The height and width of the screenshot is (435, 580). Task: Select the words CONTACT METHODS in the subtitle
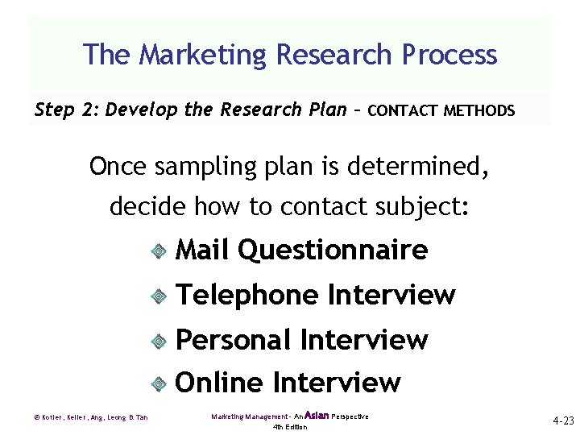tap(440, 110)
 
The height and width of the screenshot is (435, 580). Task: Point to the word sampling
tap(193, 167)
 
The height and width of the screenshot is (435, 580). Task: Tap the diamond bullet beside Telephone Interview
tap(159, 297)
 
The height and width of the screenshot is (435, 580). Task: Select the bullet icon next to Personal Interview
tap(159, 342)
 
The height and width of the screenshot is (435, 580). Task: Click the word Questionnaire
tap(333, 251)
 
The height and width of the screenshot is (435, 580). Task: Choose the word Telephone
tap(247, 296)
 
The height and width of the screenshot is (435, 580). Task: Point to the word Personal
tap(232, 340)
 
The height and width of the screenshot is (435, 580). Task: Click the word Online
tap(220, 383)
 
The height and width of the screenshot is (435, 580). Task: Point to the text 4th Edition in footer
tap(290, 427)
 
